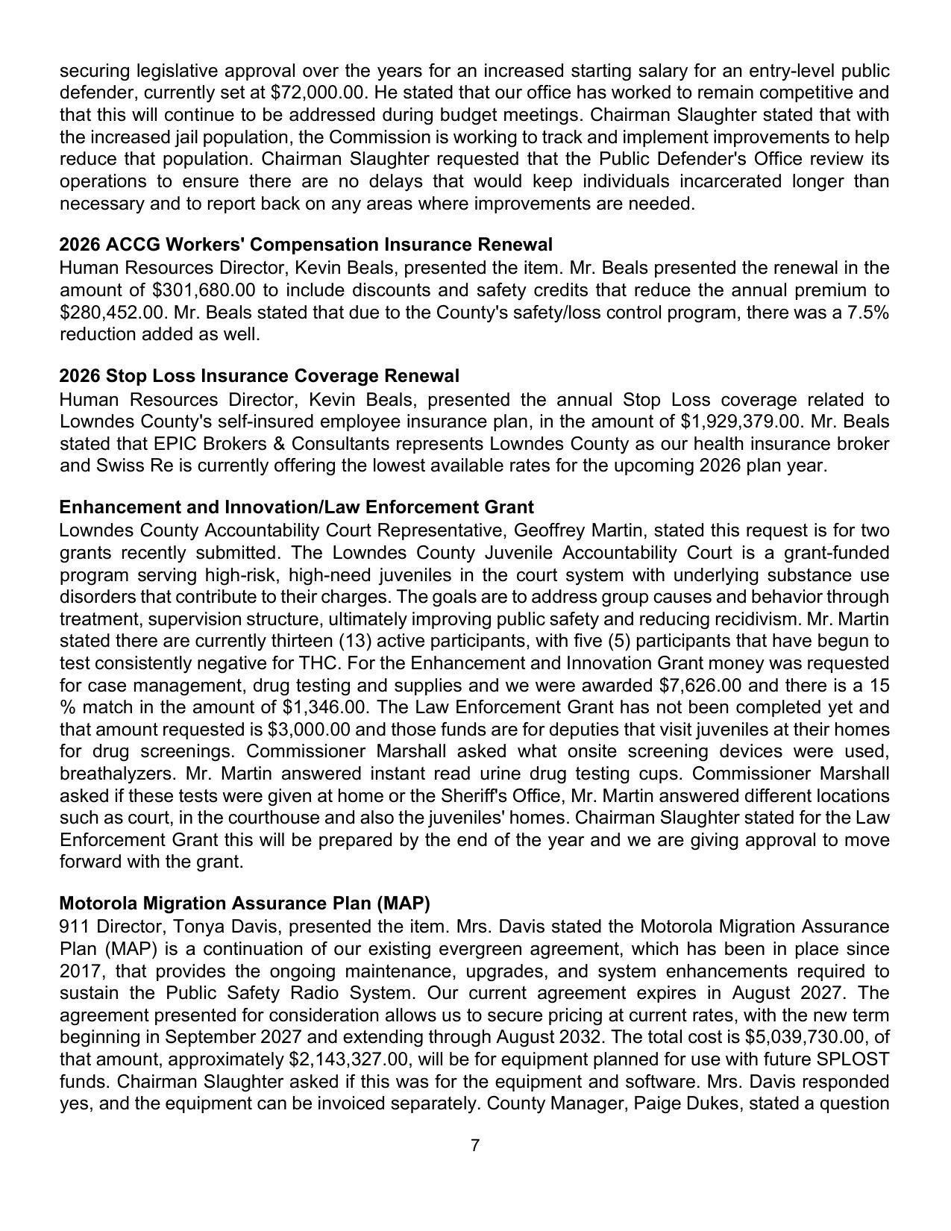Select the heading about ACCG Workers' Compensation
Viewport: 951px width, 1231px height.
click(x=306, y=245)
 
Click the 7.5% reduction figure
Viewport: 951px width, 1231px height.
click(x=868, y=312)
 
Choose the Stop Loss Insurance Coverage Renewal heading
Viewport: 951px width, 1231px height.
click(x=259, y=376)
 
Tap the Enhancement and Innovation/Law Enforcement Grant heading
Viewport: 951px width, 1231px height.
click(x=296, y=507)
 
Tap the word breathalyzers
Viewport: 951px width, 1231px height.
click(x=117, y=774)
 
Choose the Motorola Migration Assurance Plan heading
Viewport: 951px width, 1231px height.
click(x=245, y=903)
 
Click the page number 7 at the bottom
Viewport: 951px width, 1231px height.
click(x=475, y=1145)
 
